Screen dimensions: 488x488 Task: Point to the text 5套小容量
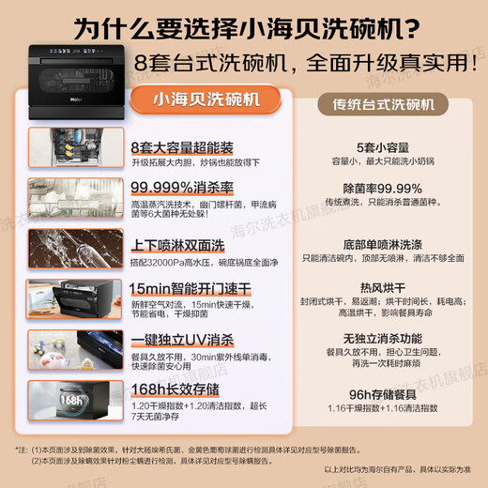383,146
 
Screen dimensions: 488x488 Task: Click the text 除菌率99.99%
383,188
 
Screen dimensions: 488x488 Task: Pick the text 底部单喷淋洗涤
383,241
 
